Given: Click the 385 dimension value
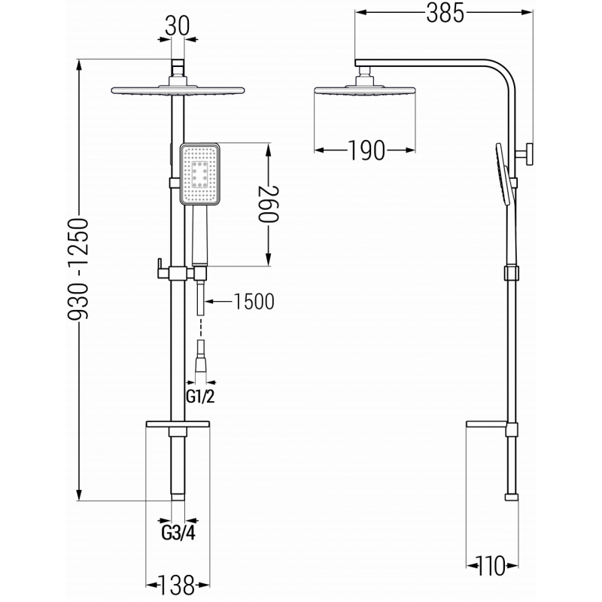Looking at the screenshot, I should pos(443,14).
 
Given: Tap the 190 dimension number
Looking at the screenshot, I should pos(366,150).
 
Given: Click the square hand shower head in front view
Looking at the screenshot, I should pos(200,175).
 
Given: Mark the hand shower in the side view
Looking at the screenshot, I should pos(503,175).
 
